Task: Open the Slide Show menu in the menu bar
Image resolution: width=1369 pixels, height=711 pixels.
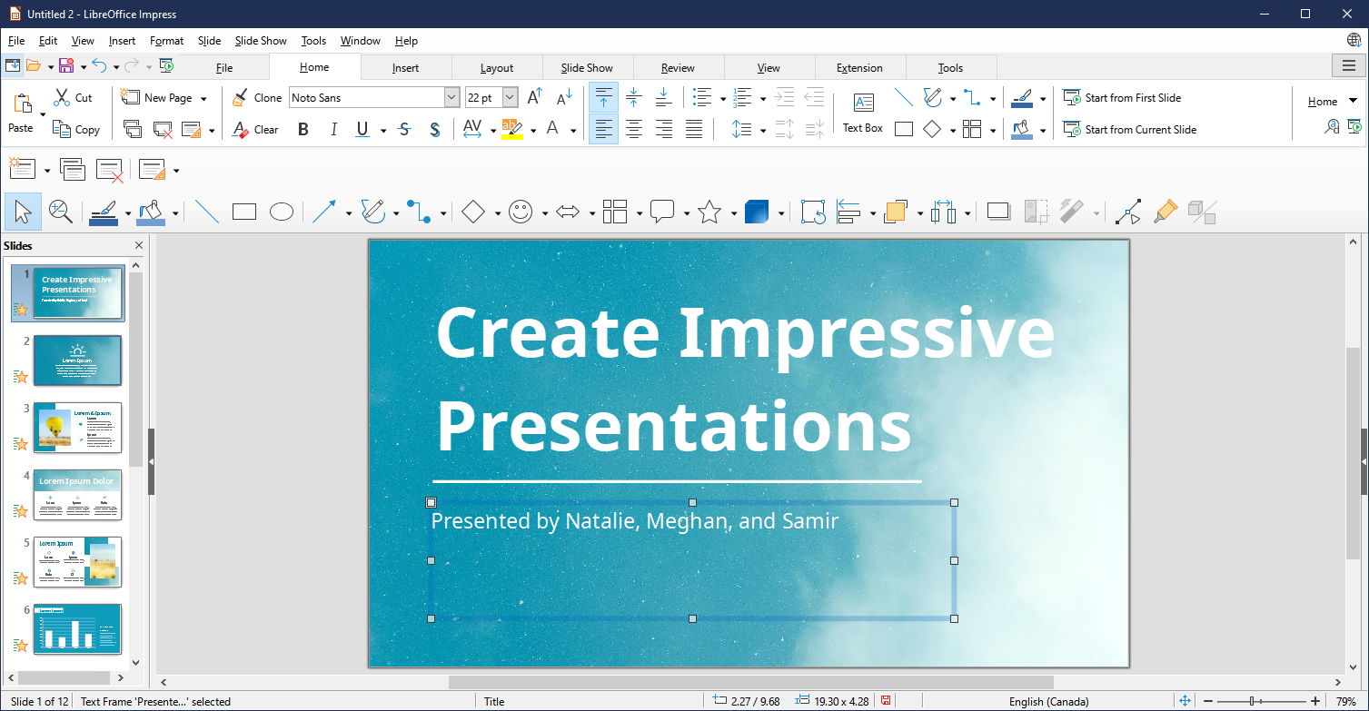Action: click(x=261, y=41)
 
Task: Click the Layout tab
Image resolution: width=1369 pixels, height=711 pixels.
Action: click(x=497, y=68)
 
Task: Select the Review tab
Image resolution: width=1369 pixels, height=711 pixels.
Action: click(x=678, y=68)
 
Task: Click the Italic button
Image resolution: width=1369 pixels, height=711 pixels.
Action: click(x=333, y=130)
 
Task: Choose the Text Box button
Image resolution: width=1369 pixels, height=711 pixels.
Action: click(x=863, y=113)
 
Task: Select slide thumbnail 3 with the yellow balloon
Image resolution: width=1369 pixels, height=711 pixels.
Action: click(x=77, y=428)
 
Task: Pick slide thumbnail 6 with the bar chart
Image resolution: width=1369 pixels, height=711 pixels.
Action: click(x=77, y=628)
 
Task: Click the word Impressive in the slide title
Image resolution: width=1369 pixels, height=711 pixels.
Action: click(x=867, y=333)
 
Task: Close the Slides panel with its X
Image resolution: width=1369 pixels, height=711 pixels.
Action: click(x=139, y=245)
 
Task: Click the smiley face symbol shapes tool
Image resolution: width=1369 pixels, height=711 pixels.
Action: click(x=520, y=212)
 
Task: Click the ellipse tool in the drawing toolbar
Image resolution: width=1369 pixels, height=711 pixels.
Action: click(x=282, y=212)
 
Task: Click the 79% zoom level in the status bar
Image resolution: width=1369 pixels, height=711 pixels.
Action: click(x=1345, y=701)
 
